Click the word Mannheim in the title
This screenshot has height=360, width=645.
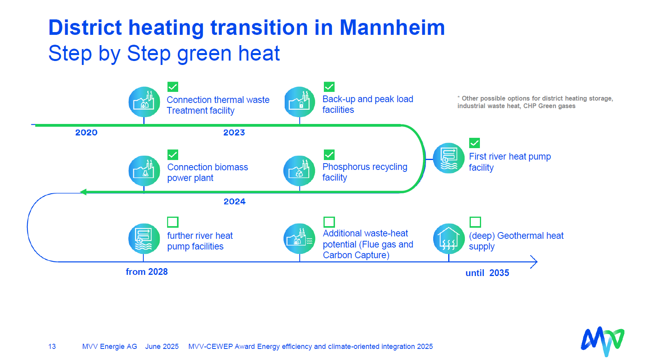392,28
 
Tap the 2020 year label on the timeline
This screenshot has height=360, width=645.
86,133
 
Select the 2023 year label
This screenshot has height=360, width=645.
234,133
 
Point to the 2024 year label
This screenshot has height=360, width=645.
235,201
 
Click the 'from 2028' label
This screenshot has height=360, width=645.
147,272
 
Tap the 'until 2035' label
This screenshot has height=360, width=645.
487,273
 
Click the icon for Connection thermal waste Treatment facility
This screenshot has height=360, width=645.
144,102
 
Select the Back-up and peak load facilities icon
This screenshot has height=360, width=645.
300,102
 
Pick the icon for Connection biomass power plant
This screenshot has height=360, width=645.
144,171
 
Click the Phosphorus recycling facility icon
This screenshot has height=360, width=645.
299,171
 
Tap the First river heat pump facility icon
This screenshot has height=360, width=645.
449,158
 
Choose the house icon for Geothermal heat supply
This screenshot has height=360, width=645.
449,239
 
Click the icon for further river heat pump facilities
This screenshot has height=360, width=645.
144,239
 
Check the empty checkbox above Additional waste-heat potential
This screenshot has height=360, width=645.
329,222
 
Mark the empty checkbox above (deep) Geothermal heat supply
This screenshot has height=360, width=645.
475,222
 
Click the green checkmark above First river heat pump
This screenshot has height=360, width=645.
474,143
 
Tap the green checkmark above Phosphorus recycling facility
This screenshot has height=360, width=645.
329,155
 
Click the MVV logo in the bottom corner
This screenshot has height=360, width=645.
602,341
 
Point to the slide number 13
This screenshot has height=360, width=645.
52,347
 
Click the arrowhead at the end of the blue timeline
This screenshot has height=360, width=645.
534,262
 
